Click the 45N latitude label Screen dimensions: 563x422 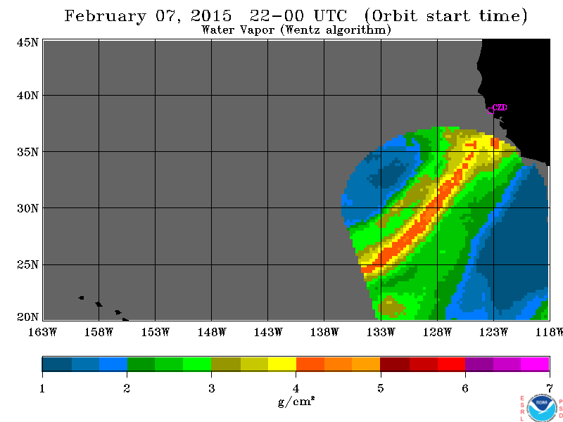pyautogui.click(x=27, y=42)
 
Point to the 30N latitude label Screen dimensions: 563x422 pyautogui.click(x=27, y=208)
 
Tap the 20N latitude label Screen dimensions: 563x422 pyautogui.click(x=27, y=317)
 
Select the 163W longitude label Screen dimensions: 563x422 pyautogui.click(x=42, y=332)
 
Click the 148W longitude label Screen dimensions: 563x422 pyautogui.click(x=212, y=332)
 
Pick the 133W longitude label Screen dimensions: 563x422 pyautogui.click(x=381, y=332)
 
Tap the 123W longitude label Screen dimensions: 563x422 pyautogui.click(x=493, y=332)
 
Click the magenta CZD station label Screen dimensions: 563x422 pyautogui.click(x=500, y=108)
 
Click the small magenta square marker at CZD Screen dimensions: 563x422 pyautogui.click(x=491, y=110)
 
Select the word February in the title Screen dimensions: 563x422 pyautogui.click(x=106, y=16)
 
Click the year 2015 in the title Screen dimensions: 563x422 pyautogui.click(x=211, y=15)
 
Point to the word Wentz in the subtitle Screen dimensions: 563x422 pyautogui.click(x=303, y=30)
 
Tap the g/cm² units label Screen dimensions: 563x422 pyautogui.click(x=296, y=401)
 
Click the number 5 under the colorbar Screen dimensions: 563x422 pyautogui.click(x=381, y=388)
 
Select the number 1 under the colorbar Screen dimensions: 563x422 pyautogui.click(x=42, y=388)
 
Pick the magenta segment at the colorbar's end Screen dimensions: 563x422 pyautogui.click(x=535, y=364)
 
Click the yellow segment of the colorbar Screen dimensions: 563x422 pyautogui.click(x=282, y=364)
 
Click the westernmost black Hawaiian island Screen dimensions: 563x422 pyautogui.click(x=82, y=298)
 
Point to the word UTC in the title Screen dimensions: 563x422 pyautogui.click(x=330, y=15)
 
